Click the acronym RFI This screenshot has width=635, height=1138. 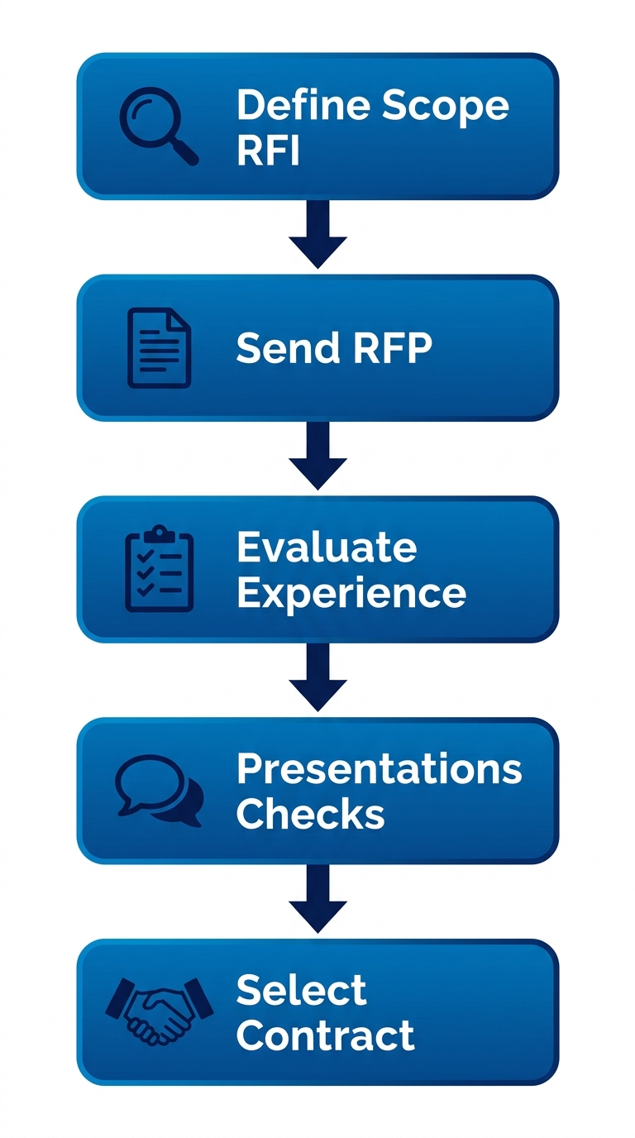tap(268, 151)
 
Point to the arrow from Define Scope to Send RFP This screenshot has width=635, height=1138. tap(317, 235)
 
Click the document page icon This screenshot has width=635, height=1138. tap(159, 347)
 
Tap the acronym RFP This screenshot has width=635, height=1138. tap(392, 348)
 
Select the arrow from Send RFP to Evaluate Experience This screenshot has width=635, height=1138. tap(317, 457)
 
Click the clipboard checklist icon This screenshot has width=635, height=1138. tap(159, 569)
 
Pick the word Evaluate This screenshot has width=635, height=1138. tap(326, 547)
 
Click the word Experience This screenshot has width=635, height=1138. tap(351, 593)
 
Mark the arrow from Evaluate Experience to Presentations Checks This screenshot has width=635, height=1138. tap(317, 678)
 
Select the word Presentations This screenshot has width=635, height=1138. tap(379, 769)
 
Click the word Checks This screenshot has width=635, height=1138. tap(310, 815)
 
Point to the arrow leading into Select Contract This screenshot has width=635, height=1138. tap(317, 900)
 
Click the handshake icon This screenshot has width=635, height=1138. tap(160, 1011)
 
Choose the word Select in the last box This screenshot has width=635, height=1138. tap(301, 990)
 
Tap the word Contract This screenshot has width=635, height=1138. tap(325, 1035)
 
